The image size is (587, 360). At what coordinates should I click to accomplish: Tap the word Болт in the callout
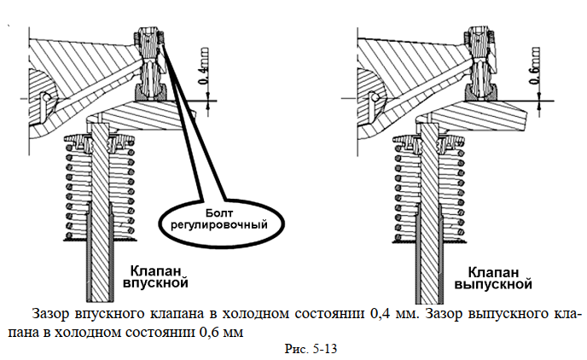pos(219,213)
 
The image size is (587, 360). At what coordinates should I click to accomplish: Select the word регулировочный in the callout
pos(219,225)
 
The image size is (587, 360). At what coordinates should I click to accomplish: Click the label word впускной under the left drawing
pos(156,282)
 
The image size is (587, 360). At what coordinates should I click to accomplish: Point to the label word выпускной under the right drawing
pos(493,284)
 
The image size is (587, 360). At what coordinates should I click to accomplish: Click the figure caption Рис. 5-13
pos(311,349)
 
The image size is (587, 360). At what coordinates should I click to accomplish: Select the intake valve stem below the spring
pos(101,270)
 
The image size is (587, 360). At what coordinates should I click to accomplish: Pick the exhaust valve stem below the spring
pos(430,271)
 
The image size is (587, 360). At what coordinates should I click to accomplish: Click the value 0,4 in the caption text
pos(380,314)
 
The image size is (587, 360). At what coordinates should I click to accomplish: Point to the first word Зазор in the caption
pos(51,314)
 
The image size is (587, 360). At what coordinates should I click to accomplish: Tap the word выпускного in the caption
pos(507,315)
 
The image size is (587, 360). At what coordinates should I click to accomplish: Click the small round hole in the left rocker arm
pos(46,97)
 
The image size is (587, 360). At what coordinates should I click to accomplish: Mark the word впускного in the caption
pos(109,315)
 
